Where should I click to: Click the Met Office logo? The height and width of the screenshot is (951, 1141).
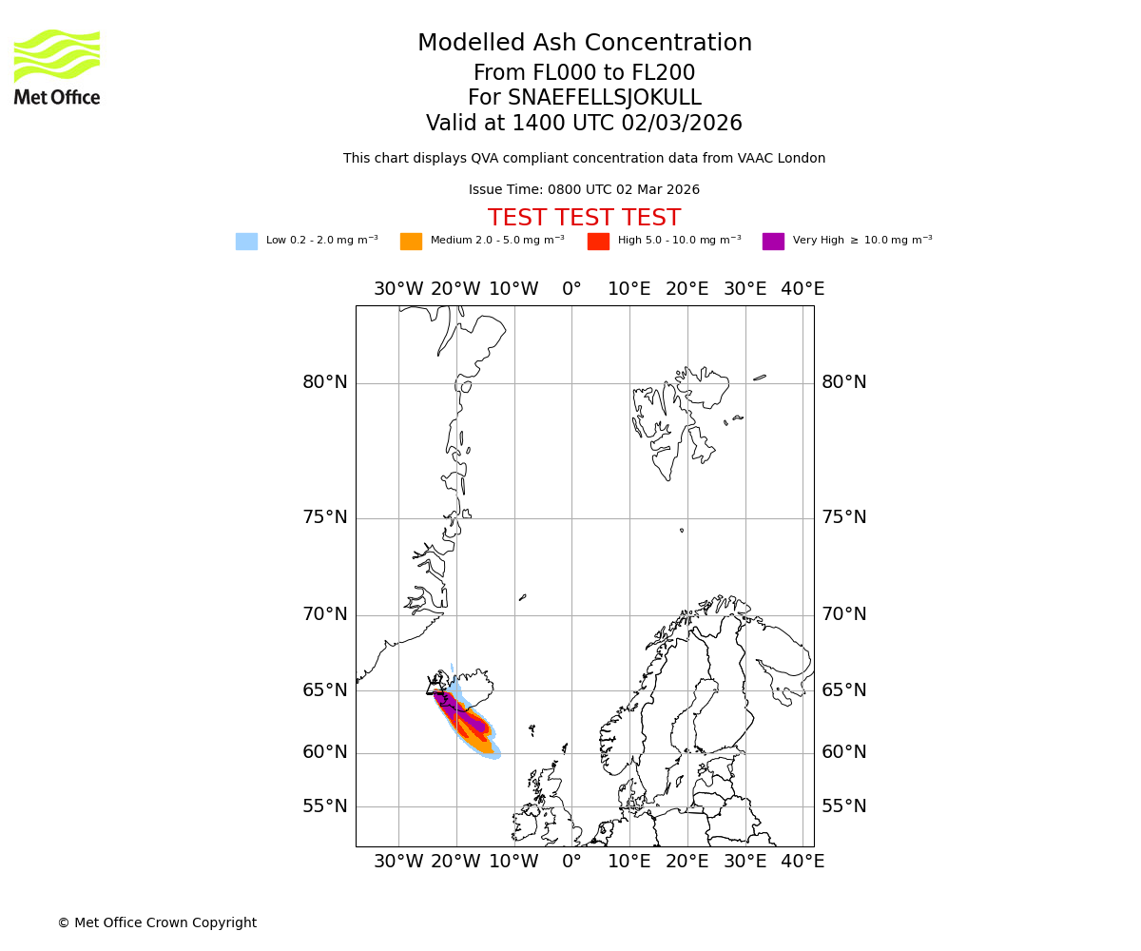click(x=57, y=67)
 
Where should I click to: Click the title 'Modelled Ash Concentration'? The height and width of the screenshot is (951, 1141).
click(x=584, y=43)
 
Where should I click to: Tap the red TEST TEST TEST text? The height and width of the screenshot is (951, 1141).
click(x=584, y=218)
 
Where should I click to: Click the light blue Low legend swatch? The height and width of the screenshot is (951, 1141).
click(x=246, y=242)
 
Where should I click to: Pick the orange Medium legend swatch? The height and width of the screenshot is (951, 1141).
click(x=411, y=242)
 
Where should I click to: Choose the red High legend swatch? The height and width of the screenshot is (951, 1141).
click(x=598, y=242)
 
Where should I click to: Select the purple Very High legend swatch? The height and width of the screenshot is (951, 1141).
click(x=773, y=242)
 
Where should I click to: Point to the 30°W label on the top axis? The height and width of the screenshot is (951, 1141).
click(x=397, y=289)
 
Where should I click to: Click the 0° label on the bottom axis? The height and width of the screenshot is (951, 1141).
click(x=571, y=862)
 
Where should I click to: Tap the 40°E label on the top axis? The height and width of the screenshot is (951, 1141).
click(x=803, y=289)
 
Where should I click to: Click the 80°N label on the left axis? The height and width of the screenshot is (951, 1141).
click(x=325, y=382)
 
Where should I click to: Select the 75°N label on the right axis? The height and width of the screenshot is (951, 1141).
click(x=844, y=517)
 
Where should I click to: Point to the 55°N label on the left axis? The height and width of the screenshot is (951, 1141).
click(x=325, y=806)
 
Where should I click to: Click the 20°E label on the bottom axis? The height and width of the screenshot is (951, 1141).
click(x=687, y=862)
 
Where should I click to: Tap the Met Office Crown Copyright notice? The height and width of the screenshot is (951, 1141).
click(x=157, y=922)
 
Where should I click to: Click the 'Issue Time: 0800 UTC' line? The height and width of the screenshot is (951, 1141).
click(x=584, y=190)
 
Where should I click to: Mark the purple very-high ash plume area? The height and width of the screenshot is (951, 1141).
click(x=473, y=722)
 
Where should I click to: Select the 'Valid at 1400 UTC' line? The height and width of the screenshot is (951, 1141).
click(x=584, y=124)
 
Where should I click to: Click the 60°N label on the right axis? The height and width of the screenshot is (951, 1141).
click(x=844, y=752)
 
